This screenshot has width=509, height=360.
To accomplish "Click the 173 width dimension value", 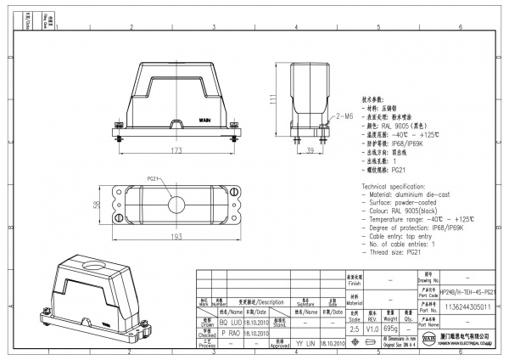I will [176, 149].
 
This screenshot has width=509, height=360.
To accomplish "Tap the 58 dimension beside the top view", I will [98, 205].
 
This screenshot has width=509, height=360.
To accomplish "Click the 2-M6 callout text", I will [344, 115].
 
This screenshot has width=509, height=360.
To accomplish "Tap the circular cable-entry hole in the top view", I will [176, 205].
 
